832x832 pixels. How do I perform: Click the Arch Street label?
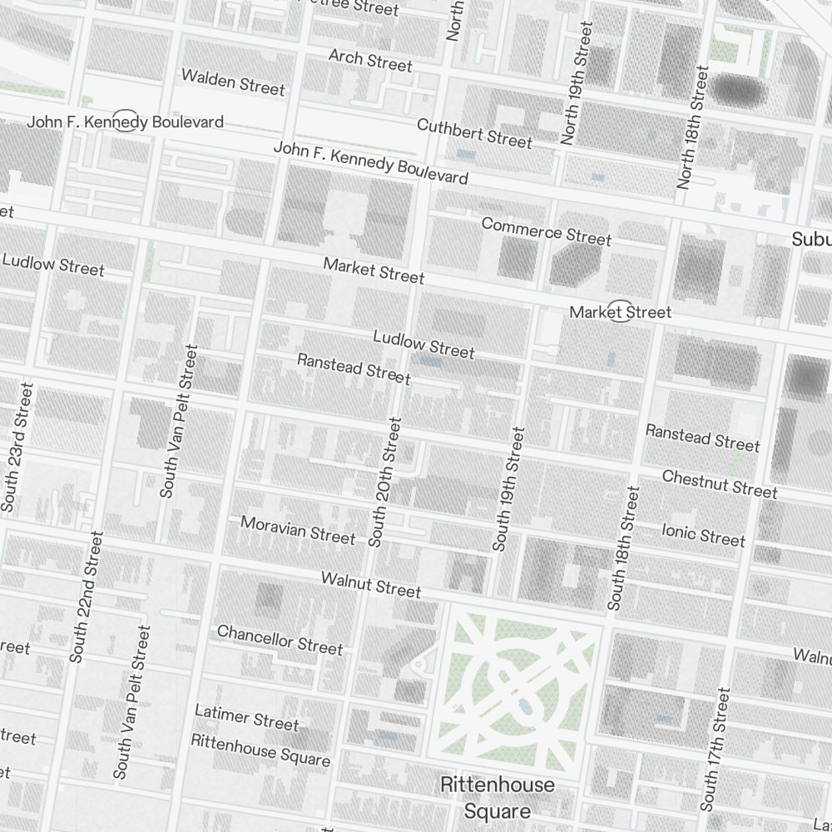370,60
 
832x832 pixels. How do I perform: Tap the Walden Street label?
233,82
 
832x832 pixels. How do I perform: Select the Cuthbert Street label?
474,133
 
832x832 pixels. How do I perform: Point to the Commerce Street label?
546,231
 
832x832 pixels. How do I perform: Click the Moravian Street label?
298,531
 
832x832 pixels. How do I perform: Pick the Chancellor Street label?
280,639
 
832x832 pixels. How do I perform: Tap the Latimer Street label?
246,717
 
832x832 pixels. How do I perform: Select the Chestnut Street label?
720,484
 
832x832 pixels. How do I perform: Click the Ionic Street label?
703,534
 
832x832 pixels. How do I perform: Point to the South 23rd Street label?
18,448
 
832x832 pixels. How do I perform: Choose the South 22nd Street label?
88,597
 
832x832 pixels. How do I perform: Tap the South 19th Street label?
508,489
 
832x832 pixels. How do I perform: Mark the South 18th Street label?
624,549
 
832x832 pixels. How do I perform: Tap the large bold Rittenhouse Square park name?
497,797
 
